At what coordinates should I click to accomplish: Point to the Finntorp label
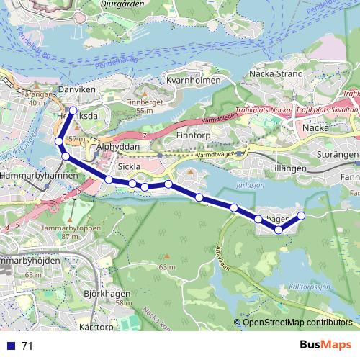coord(193,135)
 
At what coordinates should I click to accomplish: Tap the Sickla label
coord(130,166)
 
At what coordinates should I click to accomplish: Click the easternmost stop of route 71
coord(302,215)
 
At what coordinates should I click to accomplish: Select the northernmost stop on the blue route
coord(73,110)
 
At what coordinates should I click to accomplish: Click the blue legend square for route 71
coord(11,346)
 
